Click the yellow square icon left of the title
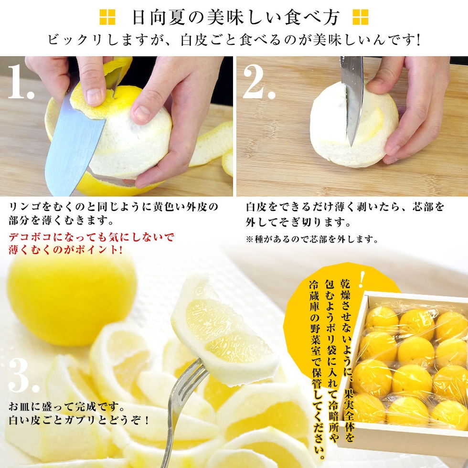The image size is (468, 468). (107, 17)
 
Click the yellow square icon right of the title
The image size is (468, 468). (360, 17)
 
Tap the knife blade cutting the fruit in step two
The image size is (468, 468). (352, 98)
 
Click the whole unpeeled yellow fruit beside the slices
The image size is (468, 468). (72, 301)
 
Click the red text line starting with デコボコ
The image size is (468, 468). (91, 237)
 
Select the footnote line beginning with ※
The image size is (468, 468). (312, 239)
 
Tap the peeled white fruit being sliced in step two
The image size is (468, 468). (354, 125)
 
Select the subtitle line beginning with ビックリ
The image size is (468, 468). (234, 40)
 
